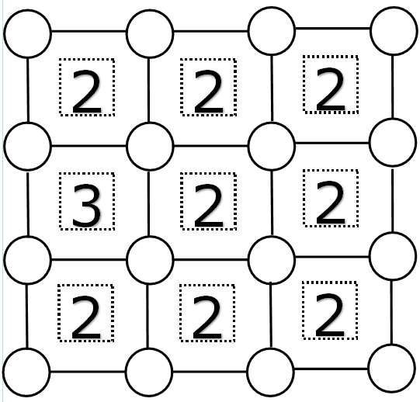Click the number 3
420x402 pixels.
click(86, 205)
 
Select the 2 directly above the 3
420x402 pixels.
click(86, 91)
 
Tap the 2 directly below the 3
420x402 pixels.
click(85, 317)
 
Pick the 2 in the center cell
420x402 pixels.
click(208, 205)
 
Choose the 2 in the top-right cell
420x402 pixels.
click(331, 88)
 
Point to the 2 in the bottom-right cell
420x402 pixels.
click(329, 314)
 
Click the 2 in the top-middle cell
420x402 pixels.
click(208, 91)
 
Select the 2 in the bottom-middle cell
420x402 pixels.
click(207, 317)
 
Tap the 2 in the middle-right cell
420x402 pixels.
click(331, 203)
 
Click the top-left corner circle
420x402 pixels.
click(27, 33)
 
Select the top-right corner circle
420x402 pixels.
click(394, 31)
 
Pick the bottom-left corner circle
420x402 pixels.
click(26, 373)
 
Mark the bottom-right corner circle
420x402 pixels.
click(392, 369)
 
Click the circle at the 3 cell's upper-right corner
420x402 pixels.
click(150, 146)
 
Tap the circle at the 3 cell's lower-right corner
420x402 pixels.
click(150, 260)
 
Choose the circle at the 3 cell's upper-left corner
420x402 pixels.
click(27, 146)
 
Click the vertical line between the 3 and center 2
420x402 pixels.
click(148, 203)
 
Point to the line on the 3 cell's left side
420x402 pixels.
click(28, 204)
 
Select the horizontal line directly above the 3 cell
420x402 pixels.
click(89, 146)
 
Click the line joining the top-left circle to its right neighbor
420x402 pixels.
click(89, 32)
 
